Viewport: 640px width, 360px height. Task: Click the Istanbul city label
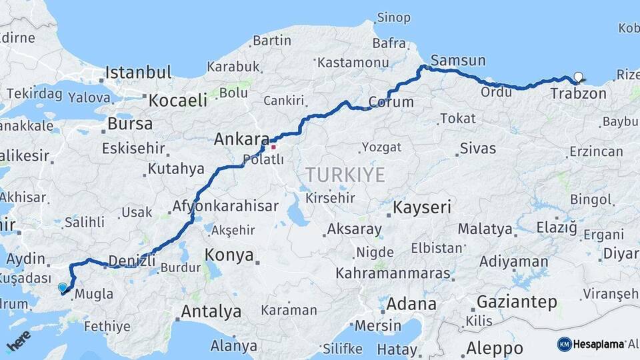point(138,72)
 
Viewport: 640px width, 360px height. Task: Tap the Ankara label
point(241,140)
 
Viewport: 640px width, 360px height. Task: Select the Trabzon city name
point(578,93)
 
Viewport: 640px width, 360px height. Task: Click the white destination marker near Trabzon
point(578,77)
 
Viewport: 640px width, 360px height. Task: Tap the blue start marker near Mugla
point(63,287)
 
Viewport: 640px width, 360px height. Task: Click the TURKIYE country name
point(345,175)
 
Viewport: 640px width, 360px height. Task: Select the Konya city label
point(229,255)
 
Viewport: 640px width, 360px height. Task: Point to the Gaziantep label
point(517,302)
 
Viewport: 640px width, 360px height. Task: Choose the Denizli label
point(131,260)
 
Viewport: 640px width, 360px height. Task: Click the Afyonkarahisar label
point(225,206)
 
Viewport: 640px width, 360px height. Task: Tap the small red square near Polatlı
point(273,147)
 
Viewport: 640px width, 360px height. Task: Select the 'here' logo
point(19,340)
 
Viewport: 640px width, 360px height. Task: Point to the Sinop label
point(393,18)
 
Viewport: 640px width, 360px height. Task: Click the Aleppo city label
point(494,347)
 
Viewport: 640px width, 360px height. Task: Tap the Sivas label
point(478,148)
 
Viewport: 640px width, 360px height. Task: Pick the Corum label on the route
point(391,103)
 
